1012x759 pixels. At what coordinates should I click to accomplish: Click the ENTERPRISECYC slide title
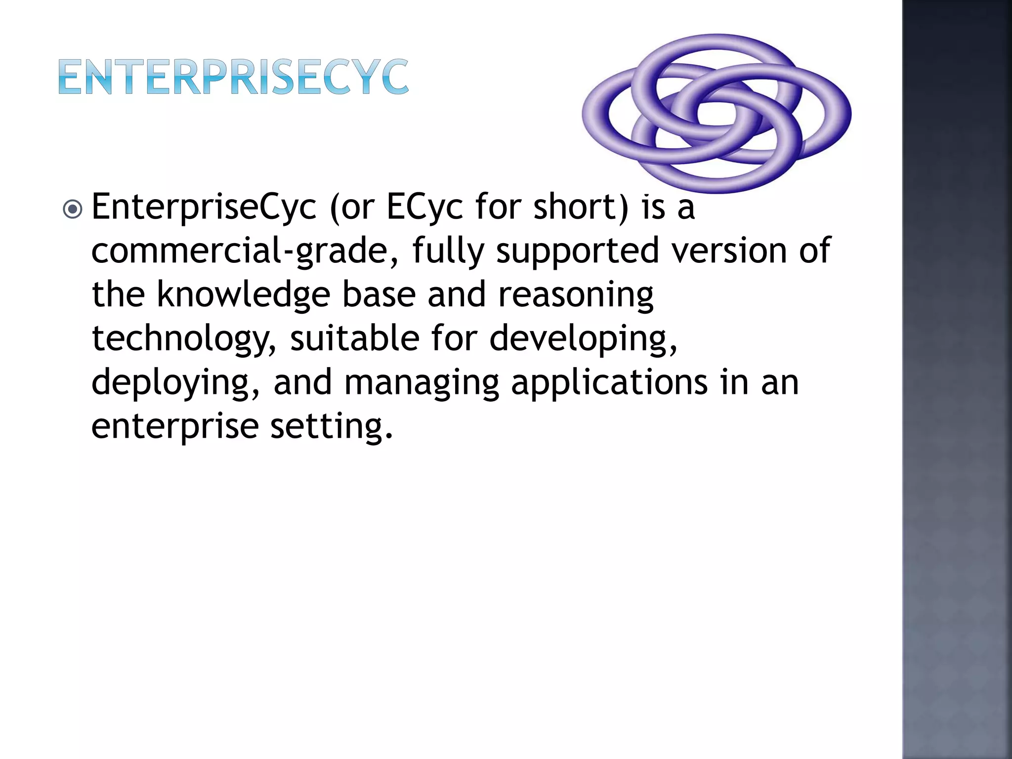(233, 77)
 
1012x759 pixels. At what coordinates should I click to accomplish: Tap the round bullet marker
(73, 209)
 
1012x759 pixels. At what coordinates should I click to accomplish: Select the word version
(728, 251)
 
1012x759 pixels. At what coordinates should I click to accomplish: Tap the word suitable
(354, 338)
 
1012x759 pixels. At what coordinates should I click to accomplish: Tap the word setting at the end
(331, 426)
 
